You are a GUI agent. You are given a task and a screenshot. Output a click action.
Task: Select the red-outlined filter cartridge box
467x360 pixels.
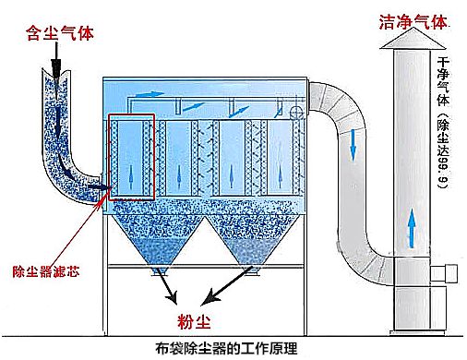coord(131,157)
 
